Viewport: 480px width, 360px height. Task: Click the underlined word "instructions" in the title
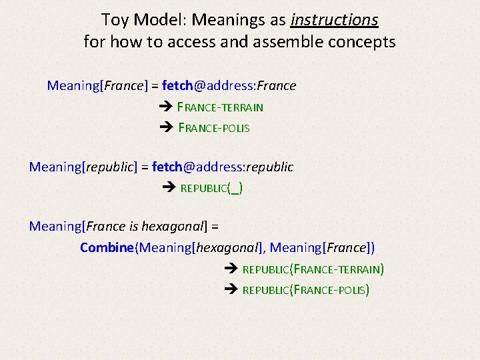pyautogui.click(x=334, y=20)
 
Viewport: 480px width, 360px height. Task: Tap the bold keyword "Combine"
pyautogui.click(x=107, y=247)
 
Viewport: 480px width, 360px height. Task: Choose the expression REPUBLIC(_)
pyautogui.click(x=212, y=188)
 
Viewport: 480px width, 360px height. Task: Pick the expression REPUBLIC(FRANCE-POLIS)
pyautogui.click(x=305, y=290)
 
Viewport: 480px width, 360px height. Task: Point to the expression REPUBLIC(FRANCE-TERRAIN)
pyautogui.click(x=313, y=269)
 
